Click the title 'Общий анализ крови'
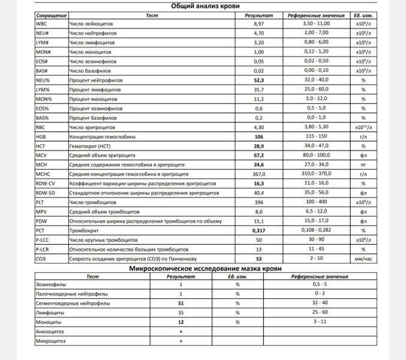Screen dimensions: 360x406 click(x=203, y=6)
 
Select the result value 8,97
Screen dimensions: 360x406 click(x=259, y=23)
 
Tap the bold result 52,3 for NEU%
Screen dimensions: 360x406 click(x=259, y=80)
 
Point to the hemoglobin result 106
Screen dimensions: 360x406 click(x=259, y=136)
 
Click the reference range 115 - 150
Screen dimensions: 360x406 click(x=309, y=136)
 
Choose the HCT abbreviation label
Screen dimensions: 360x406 click(x=41, y=146)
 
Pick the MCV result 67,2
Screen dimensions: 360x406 click(x=259, y=155)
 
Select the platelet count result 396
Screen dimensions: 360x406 click(x=259, y=202)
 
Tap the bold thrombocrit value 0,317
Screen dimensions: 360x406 click(x=259, y=230)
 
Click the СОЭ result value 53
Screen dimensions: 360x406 click(x=259, y=258)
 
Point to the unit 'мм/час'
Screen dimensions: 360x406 click(x=363, y=258)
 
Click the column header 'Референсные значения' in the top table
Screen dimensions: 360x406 click(x=309, y=14)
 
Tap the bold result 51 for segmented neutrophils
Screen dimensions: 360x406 click(x=181, y=304)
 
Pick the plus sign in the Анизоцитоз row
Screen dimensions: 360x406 click(x=181, y=331)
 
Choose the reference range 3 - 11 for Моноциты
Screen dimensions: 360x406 click(x=320, y=322)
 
